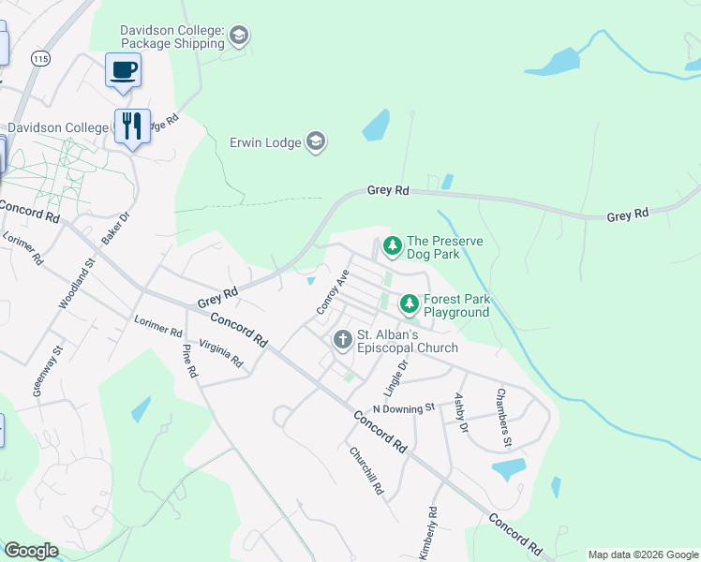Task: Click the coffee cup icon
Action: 123,70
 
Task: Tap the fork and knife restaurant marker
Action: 132,126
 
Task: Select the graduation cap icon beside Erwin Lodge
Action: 316,142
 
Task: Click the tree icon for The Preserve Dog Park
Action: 393,247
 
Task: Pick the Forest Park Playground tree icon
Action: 410,304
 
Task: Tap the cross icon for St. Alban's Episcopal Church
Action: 343,339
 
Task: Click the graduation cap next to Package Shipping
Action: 240,37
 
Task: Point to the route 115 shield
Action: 39,58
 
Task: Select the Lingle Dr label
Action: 396,376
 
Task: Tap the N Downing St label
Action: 404,408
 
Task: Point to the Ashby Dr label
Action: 460,412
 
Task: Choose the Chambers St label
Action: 504,405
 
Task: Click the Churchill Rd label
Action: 366,470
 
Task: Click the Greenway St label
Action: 48,372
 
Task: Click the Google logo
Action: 31,551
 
